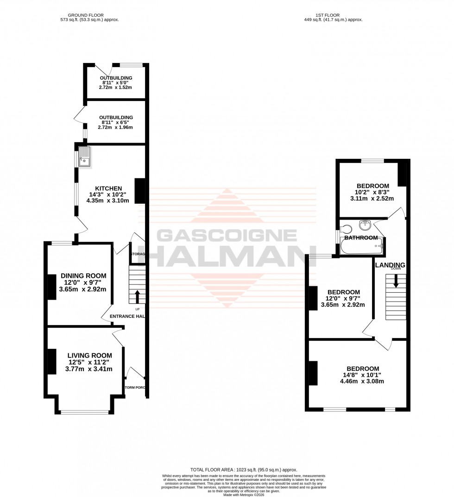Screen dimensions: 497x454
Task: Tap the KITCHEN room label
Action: (108, 188)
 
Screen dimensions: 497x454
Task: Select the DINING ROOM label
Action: (83, 276)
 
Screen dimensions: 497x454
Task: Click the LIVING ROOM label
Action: (88, 355)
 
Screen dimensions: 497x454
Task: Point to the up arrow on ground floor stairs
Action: (137, 295)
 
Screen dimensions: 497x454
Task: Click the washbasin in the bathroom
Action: (366, 225)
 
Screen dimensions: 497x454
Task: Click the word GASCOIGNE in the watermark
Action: (227, 236)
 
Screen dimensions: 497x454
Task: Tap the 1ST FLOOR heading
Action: (331, 15)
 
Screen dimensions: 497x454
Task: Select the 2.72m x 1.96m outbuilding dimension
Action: (115, 127)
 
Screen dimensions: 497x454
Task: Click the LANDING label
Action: (390, 265)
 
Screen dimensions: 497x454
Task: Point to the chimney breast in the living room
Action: (51, 361)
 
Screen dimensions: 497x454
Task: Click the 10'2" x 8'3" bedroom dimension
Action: (372, 192)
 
